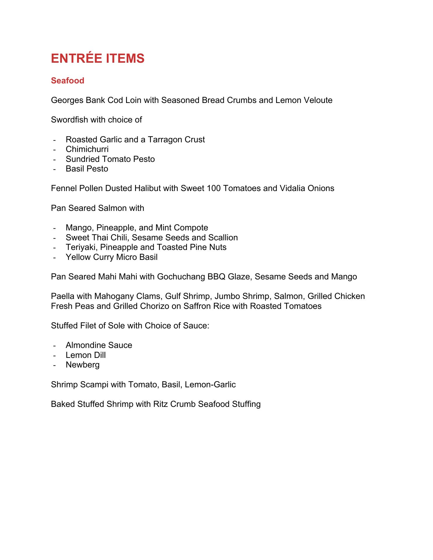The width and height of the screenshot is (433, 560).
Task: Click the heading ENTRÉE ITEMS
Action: [97, 59]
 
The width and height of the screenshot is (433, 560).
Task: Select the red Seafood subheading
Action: [67, 81]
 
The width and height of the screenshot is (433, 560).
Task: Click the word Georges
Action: [67, 100]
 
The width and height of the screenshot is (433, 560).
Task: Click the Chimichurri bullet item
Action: [87, 149]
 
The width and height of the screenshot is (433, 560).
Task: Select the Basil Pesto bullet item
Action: [87, 169]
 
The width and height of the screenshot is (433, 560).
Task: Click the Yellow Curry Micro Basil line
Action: [111, 257]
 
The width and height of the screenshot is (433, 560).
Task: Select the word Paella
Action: [62, 296]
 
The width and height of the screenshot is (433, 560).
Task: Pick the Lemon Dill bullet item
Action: [85, 355]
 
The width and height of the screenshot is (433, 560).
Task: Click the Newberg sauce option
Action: [83, 365]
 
